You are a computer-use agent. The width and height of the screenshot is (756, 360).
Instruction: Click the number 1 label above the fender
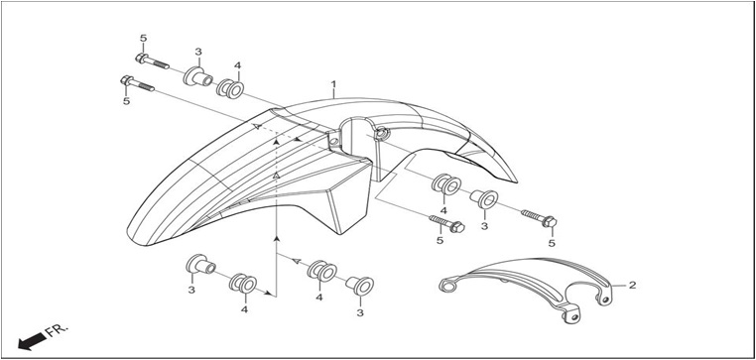pyautogui.click(x=333, y=84)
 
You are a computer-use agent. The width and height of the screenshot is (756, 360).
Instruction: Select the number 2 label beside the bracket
pyautogui.click(x=632, y=285)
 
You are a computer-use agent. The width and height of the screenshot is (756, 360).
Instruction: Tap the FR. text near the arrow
pyautogui.click(x=58, y=330)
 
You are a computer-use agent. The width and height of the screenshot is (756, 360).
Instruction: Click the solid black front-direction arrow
pyautogui.click(x=32, y=342)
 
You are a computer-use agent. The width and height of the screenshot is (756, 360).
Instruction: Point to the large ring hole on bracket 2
pyautogui.click(x=447, y=287)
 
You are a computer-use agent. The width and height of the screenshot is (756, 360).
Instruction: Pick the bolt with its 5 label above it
pyautogui.click(x=152, y=61)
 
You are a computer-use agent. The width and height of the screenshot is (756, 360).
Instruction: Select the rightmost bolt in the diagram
pyautogui.click(x=539, y=218)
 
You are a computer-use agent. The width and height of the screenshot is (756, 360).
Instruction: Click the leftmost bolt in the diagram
pyautogui.click(x=138, y=83)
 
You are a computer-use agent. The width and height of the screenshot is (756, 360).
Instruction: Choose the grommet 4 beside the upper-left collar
pyautogui.click(x=229, y=88)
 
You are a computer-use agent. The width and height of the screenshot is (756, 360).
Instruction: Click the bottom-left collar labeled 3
pyautogui.click(x=200, y=264)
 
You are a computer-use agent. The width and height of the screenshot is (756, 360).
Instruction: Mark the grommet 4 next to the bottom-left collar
pyautogui.click(x=243, y=283)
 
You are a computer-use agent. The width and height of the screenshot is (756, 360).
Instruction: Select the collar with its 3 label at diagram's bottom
pyautogui.click(x=360, y=286)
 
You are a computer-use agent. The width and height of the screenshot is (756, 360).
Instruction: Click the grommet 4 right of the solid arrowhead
pyautogui.click(x=322, y=272)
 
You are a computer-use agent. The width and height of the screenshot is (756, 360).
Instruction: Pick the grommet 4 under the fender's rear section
pyautogui.click(x=446, y=184)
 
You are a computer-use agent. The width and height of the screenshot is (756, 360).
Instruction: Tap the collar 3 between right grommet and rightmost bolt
pyautogui.click(x=483, y=199)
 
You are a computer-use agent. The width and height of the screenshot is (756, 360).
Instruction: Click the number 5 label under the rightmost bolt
pyautogui.click(x=552, y=243)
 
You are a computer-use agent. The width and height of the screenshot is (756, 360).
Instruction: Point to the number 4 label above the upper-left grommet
pyautogui.click(x=237, y=65)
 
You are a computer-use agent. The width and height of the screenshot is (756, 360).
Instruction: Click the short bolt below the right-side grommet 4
pyautogui.click(x=446, y=223)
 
